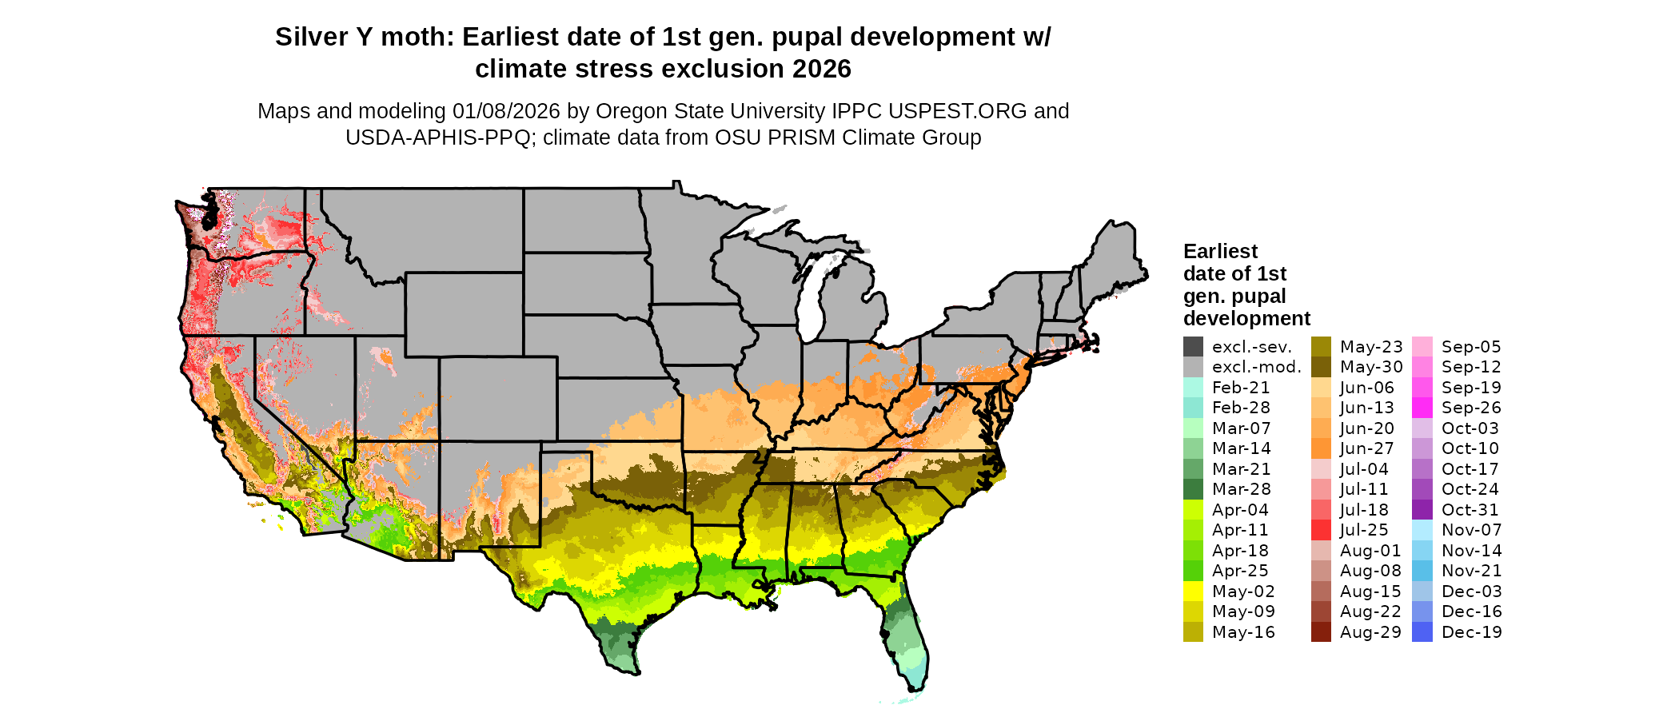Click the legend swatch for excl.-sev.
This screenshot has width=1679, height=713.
point(1193,347)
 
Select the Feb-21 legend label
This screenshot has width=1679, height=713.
point(1241,388)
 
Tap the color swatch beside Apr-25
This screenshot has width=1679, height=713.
point(1193,571)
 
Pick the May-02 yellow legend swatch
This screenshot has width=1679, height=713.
point(1193,592)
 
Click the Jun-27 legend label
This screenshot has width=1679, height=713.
point(1366,449)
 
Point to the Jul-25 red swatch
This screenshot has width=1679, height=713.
point(1321,530)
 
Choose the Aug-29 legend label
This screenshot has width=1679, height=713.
point(1370,632)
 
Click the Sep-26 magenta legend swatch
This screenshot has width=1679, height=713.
point(1422,408)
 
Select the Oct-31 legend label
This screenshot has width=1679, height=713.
point(1470,510)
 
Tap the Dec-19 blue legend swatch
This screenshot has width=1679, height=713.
point(1422,632)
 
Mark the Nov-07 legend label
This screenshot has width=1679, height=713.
point(1471,530)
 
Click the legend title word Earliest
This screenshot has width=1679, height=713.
point(1220,252)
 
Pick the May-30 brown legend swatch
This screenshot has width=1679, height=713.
point(1321,367)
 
